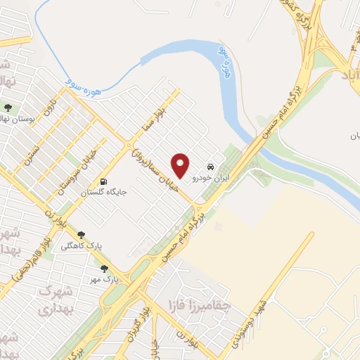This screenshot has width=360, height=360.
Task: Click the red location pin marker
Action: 181,165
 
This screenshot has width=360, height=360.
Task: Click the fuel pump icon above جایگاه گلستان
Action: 105,179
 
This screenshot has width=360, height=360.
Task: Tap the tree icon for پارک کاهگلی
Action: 81,234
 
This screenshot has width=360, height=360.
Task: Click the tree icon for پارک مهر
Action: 104,269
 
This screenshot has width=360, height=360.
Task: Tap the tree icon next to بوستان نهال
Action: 8,108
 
